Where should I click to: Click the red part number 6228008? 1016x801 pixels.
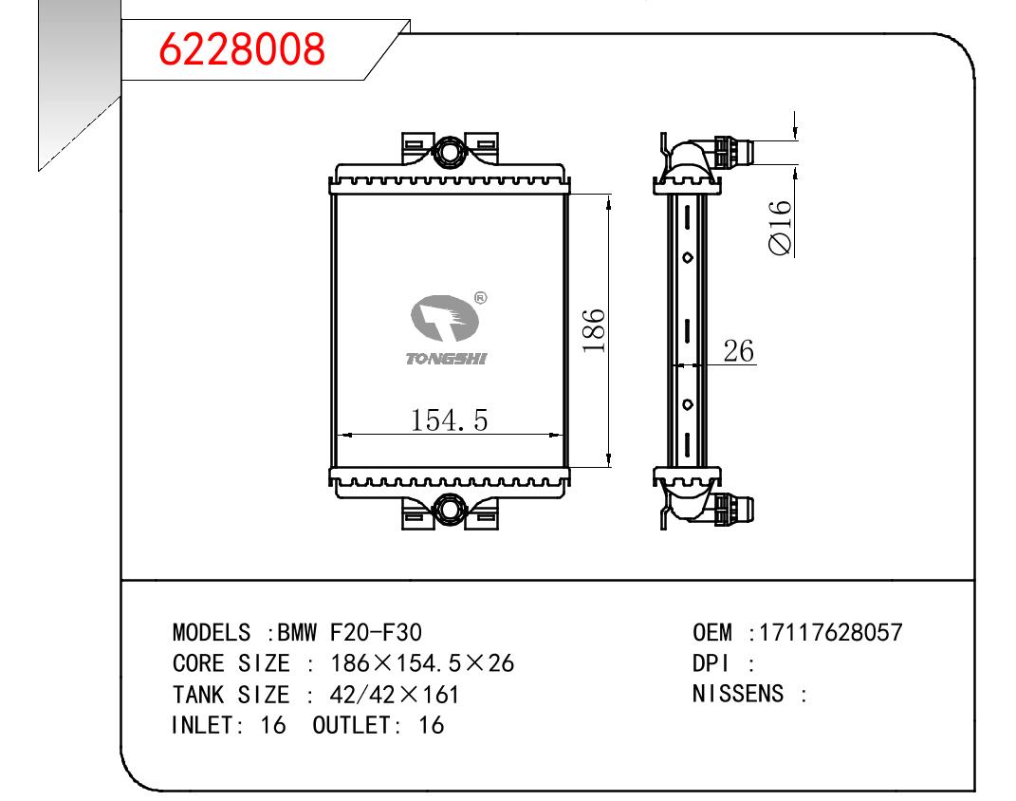(242, 49)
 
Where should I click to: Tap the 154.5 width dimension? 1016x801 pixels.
(449, 419)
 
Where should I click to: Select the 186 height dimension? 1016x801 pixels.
(594, 330)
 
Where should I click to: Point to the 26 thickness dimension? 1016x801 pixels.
(739, 350)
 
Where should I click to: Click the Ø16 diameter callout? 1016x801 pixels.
(781, 228)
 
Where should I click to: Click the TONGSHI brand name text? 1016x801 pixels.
(446, 359)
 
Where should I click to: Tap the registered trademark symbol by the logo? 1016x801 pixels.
(480, 298)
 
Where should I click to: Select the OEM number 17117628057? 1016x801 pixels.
(831, 632)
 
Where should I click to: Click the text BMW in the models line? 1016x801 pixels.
(297, 632)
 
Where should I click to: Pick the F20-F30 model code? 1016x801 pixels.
(376, 632)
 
